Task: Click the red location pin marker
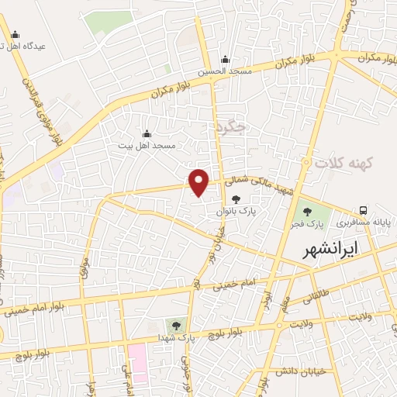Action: pyautogui.click(x=199, y=182)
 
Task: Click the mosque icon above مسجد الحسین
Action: pyautogui.click(x=225, y=60)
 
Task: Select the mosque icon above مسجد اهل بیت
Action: pyautogui.click(x=147, y=134)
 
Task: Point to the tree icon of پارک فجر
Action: pyautogui.click(x=306, y=211)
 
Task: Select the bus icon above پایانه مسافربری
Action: pyautogui.click(x=363, y=210)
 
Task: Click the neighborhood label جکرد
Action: pyautogui.click(x=231, y=126)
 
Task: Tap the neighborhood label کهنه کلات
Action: pyautogui.click(x=344, y=163)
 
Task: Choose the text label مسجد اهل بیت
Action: pyautogui.click(x=147, y=145)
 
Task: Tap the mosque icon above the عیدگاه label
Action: pyautogui.click(x=16, y=34)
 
